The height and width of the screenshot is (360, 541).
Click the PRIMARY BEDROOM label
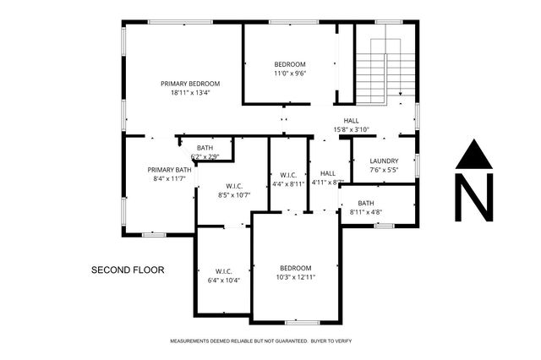tap(190, 84)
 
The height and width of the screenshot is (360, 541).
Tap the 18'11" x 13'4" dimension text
tap(190, 92)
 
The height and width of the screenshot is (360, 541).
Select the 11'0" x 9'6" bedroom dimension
tap(289, 74)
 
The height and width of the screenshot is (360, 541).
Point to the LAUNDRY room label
tap(384, 161)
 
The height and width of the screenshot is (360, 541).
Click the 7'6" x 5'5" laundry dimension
tap(384, 169)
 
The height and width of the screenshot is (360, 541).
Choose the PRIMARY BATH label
tap(166, 169)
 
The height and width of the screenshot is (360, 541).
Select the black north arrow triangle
tap(474, 155)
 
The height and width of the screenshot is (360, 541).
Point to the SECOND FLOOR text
tap(128, 270)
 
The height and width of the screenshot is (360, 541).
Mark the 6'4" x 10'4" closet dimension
tap(223, 280)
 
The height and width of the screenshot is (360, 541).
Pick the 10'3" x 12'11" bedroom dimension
tap(296, 276)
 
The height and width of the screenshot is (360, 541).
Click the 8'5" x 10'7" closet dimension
tap(235, 194)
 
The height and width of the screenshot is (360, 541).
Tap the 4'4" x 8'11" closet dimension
tap(288, 183)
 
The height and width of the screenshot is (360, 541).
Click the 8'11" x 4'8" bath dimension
tap(365, 212)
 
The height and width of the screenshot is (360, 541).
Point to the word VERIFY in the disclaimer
tap(342, 341)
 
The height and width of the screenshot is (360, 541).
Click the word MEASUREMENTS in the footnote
tap(192, 341)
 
